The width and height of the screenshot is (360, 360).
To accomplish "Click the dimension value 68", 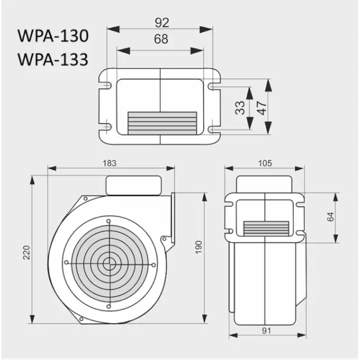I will click(x=161, y=39).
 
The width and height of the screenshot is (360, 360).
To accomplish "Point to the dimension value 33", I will click(x=240, y=108).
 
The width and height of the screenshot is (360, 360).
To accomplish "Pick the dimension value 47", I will click(x=261, y=108).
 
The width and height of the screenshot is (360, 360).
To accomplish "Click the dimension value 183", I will click(x=111, y=163).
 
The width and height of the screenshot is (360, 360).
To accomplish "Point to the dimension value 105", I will click(x=265, y=163).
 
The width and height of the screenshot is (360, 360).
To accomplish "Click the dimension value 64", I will click(x=331, y=217).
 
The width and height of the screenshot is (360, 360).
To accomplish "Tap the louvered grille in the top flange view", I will click(x=162, y=122).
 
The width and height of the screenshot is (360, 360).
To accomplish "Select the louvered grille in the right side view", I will click(x=266, y=229).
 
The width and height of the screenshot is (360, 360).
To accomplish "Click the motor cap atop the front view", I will click(x=133, y=185).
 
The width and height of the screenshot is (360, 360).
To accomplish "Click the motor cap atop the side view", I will click(x=265, y=184).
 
